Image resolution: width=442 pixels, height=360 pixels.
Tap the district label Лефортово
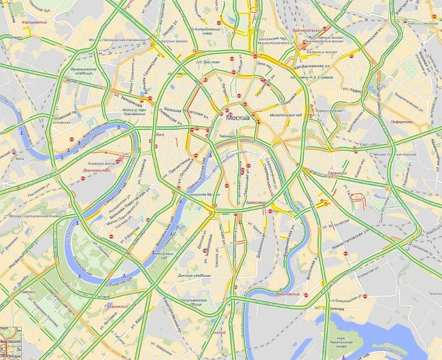(x=402, y=121)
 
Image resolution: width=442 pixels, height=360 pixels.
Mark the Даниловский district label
(x=287, y=295)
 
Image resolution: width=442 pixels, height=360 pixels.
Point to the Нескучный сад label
(x=163, y=255)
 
